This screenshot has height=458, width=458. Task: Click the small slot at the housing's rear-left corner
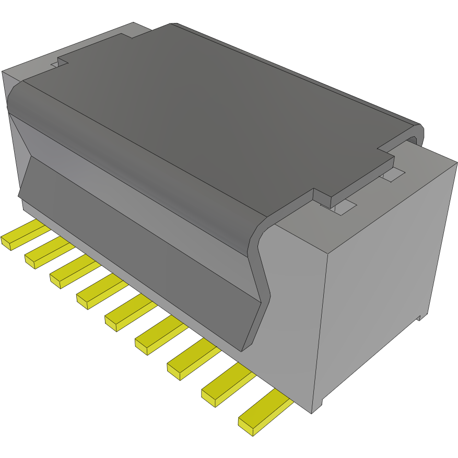pos(54,65)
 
